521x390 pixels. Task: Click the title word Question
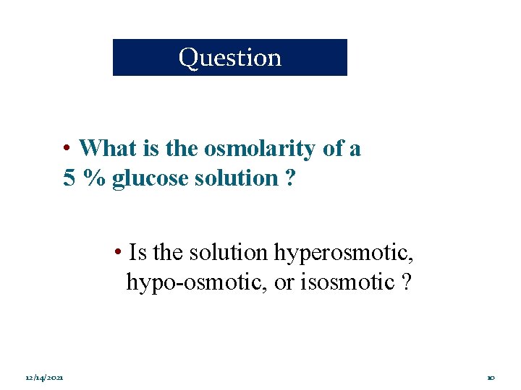(x=230, y=58)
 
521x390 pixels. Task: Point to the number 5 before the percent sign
(x=69, y=178)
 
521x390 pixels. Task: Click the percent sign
(x=93, y=178)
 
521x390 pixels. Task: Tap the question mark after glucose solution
(x=289, y=178)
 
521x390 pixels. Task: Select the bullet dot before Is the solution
(x=117, y=253)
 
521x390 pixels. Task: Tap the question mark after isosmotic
(x=407, y=282)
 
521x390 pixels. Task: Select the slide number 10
(x=490, y=378)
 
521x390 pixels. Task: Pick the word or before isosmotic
(x=284, y=282)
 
